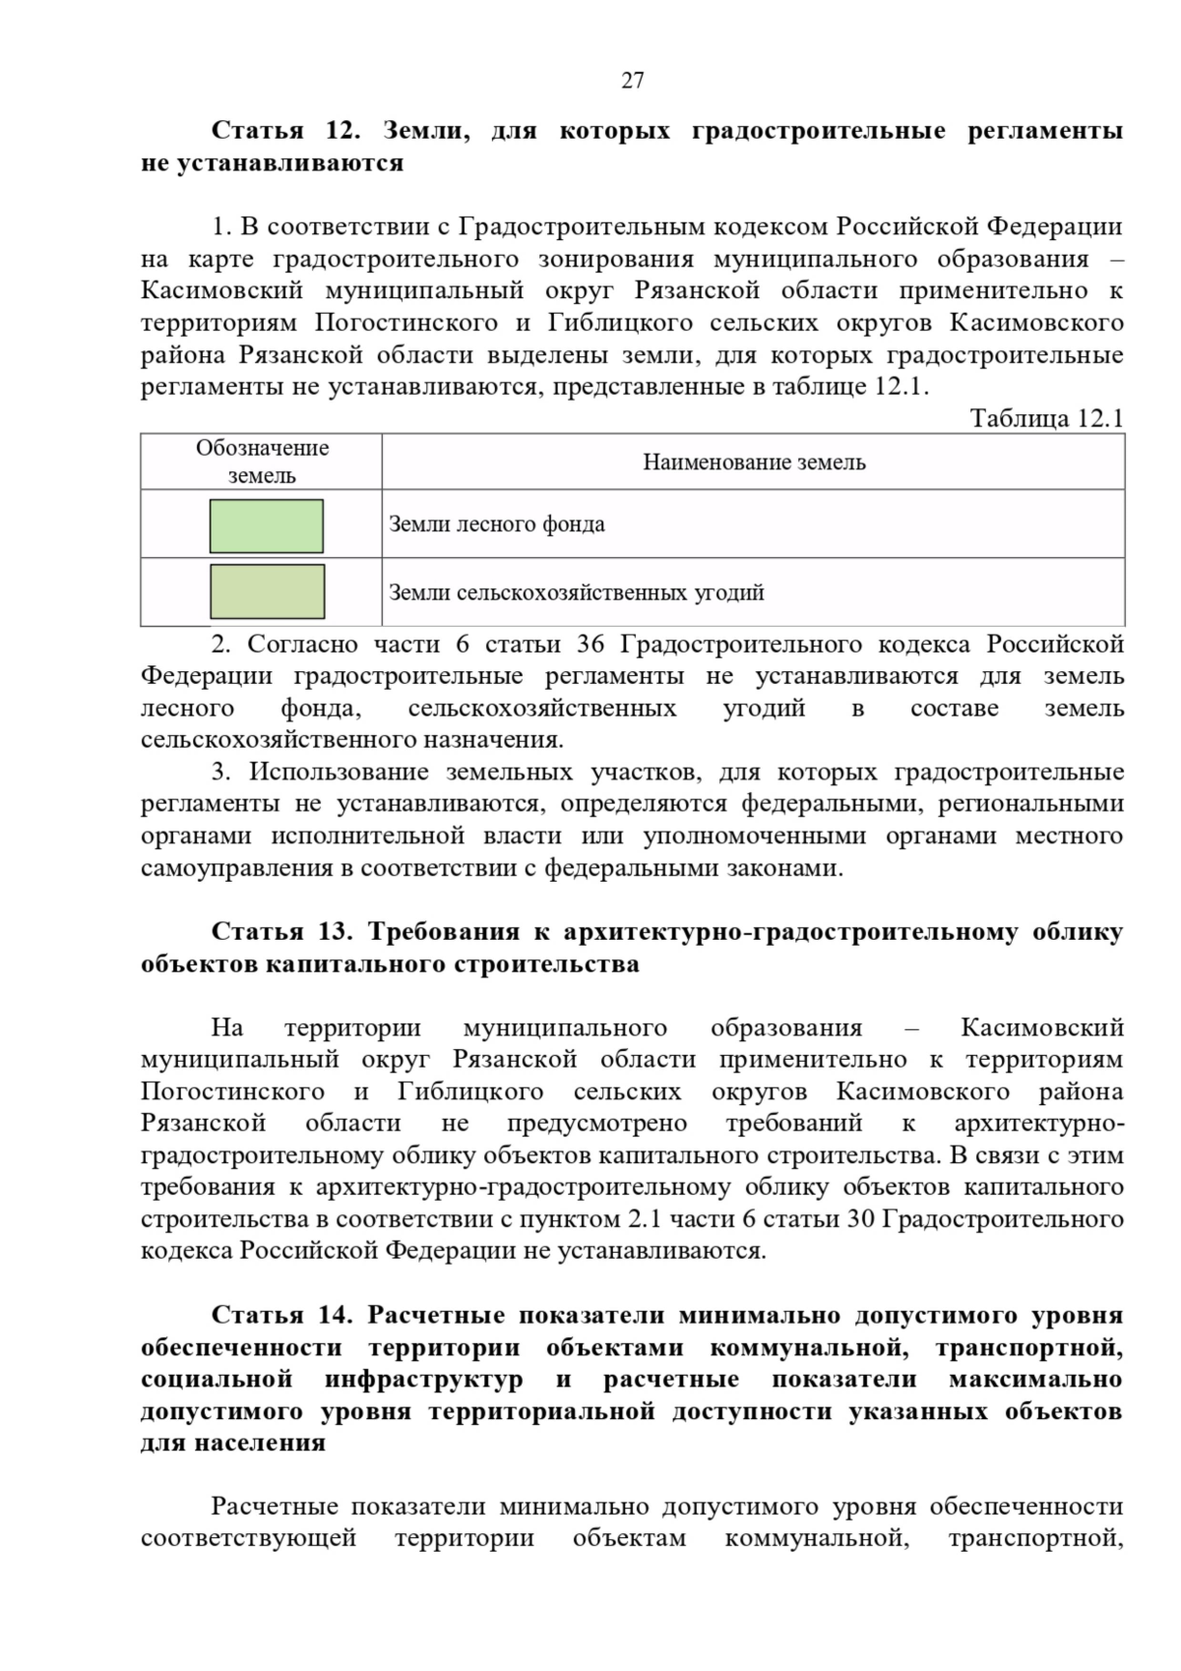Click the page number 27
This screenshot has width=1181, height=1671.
point(633,81)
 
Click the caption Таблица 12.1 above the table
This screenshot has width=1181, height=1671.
point(1046,418)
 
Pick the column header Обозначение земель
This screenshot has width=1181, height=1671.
point(262,462)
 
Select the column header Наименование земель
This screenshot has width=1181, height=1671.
point(754,462)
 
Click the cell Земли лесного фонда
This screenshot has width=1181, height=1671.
point(497,524)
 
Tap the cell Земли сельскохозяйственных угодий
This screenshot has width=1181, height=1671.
point(577,592)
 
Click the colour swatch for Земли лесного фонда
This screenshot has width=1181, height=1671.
point(267,526)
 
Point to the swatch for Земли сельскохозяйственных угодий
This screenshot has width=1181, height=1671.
point(267,591)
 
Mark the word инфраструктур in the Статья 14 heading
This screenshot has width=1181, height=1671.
point(423,1380)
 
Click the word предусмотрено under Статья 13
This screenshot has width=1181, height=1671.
point(597,1124)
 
